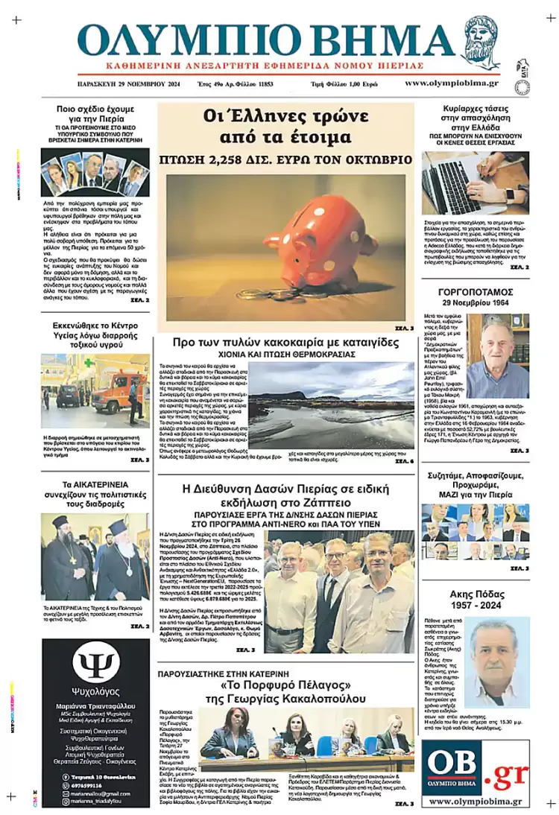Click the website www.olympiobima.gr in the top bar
pos(452,83)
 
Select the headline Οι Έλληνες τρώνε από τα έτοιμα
pos(286,127)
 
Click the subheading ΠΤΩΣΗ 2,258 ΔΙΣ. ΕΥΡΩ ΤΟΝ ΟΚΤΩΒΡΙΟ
pos(285,159)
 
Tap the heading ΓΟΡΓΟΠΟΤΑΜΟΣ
pos(475,292)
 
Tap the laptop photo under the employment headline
pos(475,183)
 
